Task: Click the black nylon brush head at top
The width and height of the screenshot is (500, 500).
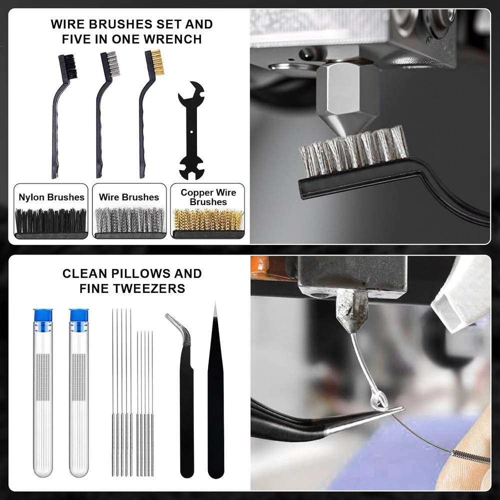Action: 68,66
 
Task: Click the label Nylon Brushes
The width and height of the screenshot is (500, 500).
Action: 51,197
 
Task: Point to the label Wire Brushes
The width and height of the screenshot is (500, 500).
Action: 129,197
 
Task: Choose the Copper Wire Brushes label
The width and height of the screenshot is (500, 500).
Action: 208,197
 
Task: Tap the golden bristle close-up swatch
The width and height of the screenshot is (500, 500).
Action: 208,220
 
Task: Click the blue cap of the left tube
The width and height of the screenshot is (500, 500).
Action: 43,315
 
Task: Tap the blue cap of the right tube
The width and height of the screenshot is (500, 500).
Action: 79,315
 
